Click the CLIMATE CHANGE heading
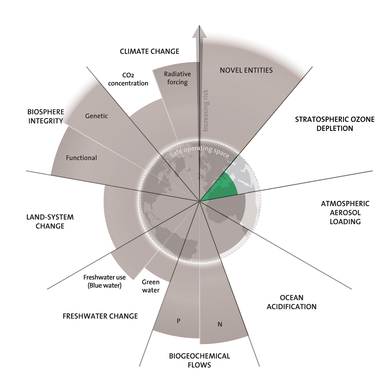click(149, 51)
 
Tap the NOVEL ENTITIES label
click(246, 70)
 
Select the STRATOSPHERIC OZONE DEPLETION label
click(335, 124)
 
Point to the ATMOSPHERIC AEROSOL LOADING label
click(345, 213)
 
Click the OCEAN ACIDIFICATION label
click(291, 302)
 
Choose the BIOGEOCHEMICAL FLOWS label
click(199, 360)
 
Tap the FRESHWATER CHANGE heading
click(100, 316)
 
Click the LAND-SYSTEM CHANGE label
click(50, 221)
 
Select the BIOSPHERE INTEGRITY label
click(46, 116)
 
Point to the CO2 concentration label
click(128, 79)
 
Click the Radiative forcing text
click(177, 78)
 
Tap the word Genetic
click(96, 116)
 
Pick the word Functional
click(81, 158)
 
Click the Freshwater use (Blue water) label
click(104, 281)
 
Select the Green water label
click(151, 286)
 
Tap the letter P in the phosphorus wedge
click(178, 321)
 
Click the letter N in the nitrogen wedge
click(220, 324)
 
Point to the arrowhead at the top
click(200, 31)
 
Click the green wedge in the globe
click(222, 189)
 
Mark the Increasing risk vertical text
click(206, 110)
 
